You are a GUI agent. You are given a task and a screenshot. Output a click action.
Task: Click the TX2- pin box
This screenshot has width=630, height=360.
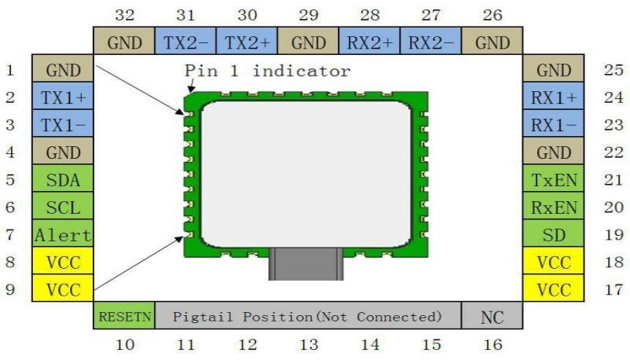click(x=185, y=41)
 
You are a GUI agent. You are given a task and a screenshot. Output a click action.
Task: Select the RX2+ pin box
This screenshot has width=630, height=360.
click(x=369, y=41)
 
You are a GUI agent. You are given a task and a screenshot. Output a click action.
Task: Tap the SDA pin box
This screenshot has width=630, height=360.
click(x=63, y=178)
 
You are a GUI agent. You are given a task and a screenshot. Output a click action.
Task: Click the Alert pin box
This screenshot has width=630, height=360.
click(x=63, y=233)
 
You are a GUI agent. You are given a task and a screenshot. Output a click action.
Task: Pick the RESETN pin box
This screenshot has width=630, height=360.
click(x=124, y=315)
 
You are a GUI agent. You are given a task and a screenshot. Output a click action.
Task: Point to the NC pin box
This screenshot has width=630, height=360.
click(x=493, y=315)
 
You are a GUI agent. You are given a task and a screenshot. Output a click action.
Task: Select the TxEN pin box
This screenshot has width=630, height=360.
click(x=553, y=178)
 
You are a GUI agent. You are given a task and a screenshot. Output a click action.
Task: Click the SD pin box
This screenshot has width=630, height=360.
click(x=553, y=233)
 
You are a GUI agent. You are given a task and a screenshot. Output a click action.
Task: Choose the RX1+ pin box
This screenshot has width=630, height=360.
click(x=553, y=96)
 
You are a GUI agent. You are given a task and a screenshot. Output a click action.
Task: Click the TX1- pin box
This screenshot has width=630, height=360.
click(x=63, y=123)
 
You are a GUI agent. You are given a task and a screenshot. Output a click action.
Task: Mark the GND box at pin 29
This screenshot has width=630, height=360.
click(x=308, y=41)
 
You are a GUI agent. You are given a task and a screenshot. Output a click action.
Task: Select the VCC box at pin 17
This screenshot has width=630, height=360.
click(x=553, y=288)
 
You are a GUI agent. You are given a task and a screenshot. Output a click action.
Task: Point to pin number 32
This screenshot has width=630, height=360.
click(x=125, y=15)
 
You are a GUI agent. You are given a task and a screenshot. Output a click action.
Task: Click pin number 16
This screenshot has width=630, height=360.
click(x=493, y=344)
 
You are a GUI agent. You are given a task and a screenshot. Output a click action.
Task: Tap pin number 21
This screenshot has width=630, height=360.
click(x=614, y=179)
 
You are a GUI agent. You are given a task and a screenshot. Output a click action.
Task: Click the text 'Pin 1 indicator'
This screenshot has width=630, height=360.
click(x=267, y=71)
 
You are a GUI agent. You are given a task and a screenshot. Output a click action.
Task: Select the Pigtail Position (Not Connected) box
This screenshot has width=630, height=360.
click(x=308, y=315)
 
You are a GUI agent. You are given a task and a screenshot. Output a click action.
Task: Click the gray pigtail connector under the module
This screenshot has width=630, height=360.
click(x=306, y=264)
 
